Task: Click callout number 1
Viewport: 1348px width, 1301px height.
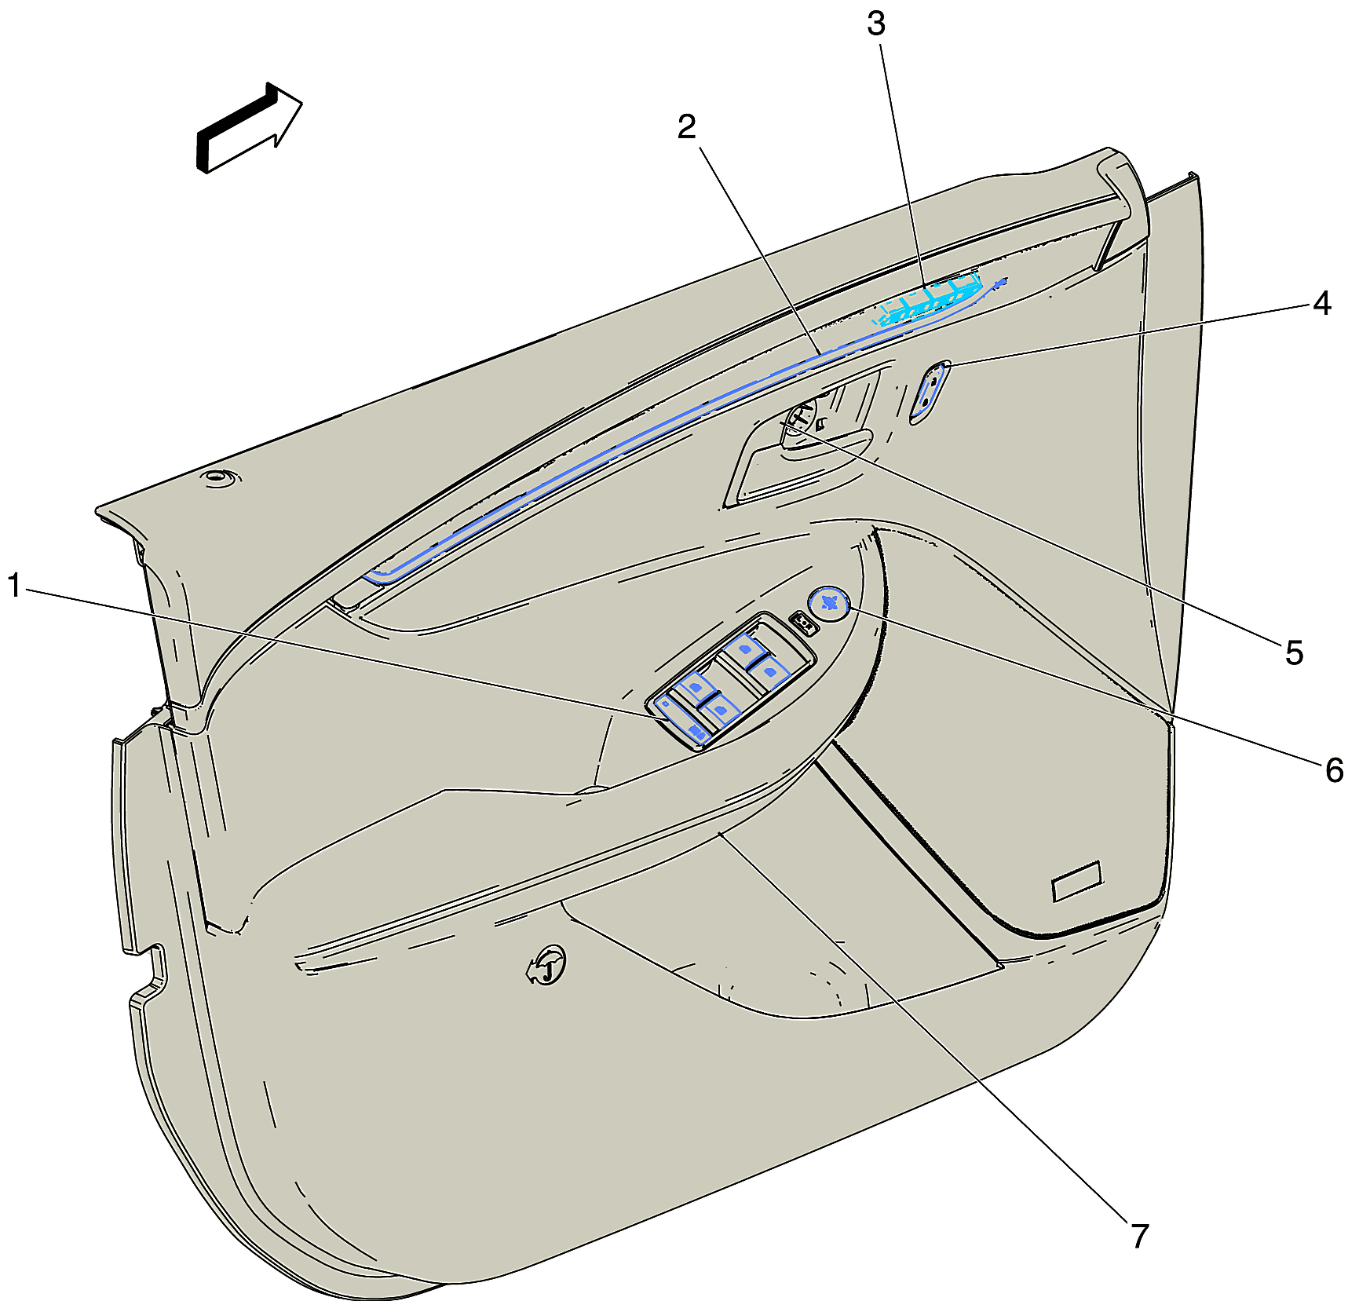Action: coord(14,585)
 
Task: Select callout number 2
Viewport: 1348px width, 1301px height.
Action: coord(687,126)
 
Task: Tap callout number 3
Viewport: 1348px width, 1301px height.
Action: coord(876,24)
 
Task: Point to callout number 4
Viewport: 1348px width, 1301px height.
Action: coord(1322,302)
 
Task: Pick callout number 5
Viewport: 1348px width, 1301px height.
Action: coord(1295,652)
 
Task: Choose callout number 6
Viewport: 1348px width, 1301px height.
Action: coord(1334,770)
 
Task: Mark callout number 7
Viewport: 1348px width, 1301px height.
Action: coord(1140,1236)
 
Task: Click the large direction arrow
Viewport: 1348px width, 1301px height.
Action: coord(248,127)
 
